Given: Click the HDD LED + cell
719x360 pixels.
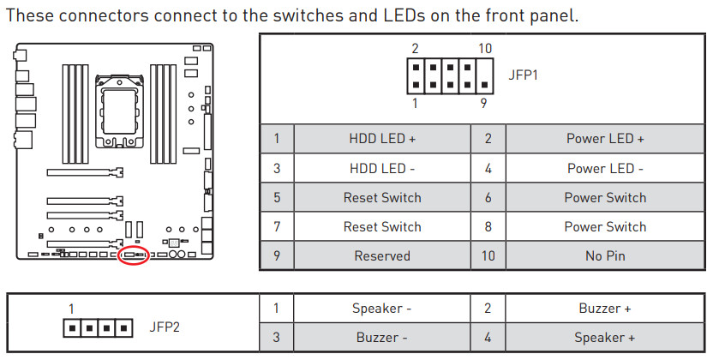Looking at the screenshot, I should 382,139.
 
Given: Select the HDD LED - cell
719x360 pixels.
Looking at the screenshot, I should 382,168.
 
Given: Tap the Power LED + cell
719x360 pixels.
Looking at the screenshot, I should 605,139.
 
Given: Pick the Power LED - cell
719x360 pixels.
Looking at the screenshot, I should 605,168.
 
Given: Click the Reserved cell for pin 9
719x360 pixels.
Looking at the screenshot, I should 382,255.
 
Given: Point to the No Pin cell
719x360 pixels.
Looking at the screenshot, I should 605,255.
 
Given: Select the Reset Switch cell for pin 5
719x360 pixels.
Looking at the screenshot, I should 382,197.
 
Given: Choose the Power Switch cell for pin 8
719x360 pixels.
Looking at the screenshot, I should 605,226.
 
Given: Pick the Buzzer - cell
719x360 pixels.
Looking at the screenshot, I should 382,337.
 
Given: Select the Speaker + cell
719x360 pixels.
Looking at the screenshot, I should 605,337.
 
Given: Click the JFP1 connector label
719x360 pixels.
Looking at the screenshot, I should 524,75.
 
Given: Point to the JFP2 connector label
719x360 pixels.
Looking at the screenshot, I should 165,327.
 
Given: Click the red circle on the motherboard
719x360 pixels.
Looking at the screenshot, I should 133,255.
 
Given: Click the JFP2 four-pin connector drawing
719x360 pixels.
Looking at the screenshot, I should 99,327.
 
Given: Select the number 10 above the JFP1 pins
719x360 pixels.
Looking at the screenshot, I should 485,48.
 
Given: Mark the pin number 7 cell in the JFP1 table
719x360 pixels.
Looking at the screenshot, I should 277,226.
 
